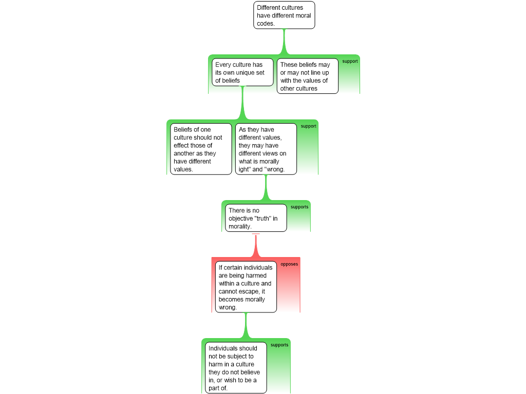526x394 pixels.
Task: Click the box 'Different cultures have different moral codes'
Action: (284, 15)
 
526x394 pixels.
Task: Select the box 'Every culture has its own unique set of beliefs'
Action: (242, 72)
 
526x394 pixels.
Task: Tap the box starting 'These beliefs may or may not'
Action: (307, 76)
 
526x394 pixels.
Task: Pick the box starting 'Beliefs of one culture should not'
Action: (201, 149)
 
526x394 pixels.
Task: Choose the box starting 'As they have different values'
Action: (266, 149)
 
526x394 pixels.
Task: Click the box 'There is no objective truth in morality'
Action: (255, 218)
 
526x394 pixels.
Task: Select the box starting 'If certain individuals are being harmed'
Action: (246, 287)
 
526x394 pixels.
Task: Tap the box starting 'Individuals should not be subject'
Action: (236, 368)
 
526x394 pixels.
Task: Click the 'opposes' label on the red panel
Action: (289, 264)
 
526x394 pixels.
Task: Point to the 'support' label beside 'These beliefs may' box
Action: (350, 61)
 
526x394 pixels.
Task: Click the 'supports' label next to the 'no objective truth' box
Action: (299, 207)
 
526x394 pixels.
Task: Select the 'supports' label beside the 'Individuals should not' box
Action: (279, 345)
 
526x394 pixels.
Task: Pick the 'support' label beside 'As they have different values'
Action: (308, 126)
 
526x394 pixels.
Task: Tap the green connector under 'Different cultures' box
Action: (284, 41)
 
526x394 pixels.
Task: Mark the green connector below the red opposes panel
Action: (246, 325)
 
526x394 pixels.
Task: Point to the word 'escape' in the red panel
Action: (251, 291)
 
